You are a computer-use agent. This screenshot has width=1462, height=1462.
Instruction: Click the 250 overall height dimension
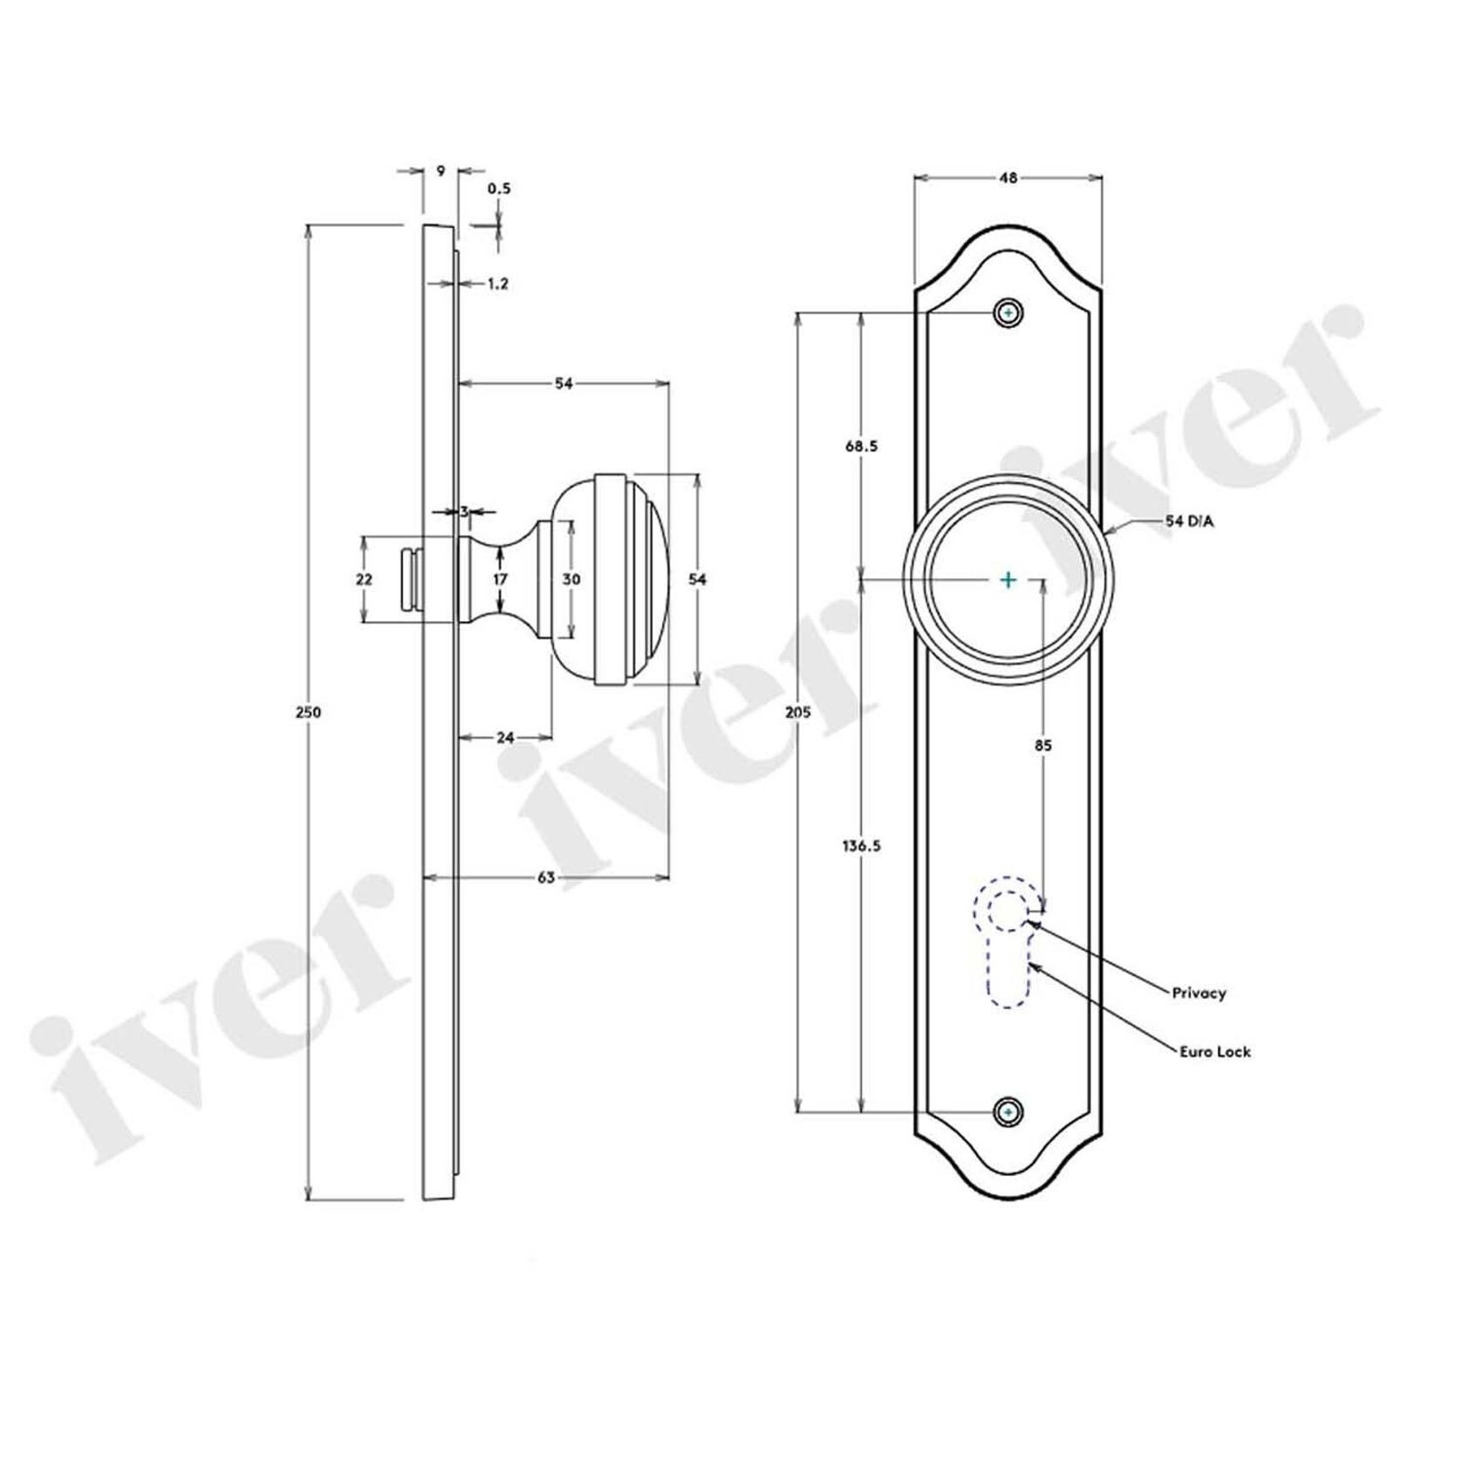pyautogui.click(x=309, y=712)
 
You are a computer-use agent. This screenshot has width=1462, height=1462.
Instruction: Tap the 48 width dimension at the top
pyautogui.click(x=1008, y=178)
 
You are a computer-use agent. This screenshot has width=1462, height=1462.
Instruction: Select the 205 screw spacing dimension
pyautogui.click(x=797, y=712)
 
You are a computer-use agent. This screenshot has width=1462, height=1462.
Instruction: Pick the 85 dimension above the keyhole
pyautogui.click(x=1042, y=745)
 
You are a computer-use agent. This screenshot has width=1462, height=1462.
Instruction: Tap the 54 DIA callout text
pyautogui.click(x=1189, y=522)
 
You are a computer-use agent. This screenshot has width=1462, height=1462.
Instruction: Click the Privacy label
pyautogui.click(x=1199, y=993)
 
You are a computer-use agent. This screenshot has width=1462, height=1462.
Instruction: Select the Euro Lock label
pyautogui.click(x=1214, y=1052)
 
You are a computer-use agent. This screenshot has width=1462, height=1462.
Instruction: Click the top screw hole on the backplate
pyautogui.click(x=1008, y=312)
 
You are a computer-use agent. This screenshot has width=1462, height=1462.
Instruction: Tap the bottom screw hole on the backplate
pyautogui.click(x=1008, y=1112)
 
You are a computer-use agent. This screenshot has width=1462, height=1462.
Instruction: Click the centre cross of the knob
pyautogui.click(x=1008, y=579)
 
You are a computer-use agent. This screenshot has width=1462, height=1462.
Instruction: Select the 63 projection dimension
pyautogui.click(x=546, y=878)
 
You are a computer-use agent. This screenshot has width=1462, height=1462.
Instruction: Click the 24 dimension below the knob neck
pyautogui.click(x=505, y=737)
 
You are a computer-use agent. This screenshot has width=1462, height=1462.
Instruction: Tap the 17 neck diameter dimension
pyautogui.click(x=499, y=579)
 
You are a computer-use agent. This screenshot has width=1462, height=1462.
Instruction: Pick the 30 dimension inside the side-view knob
pyautogui.click(x=571, y=579)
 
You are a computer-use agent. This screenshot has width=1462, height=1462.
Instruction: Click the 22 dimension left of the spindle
pyautogui.click(x=364, y=579)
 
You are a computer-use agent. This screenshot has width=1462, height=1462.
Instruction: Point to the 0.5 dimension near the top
pyautogui.click(x=499, y=188)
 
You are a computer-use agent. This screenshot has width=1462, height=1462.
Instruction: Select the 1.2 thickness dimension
pyautogui.click(x=497, y=284)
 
